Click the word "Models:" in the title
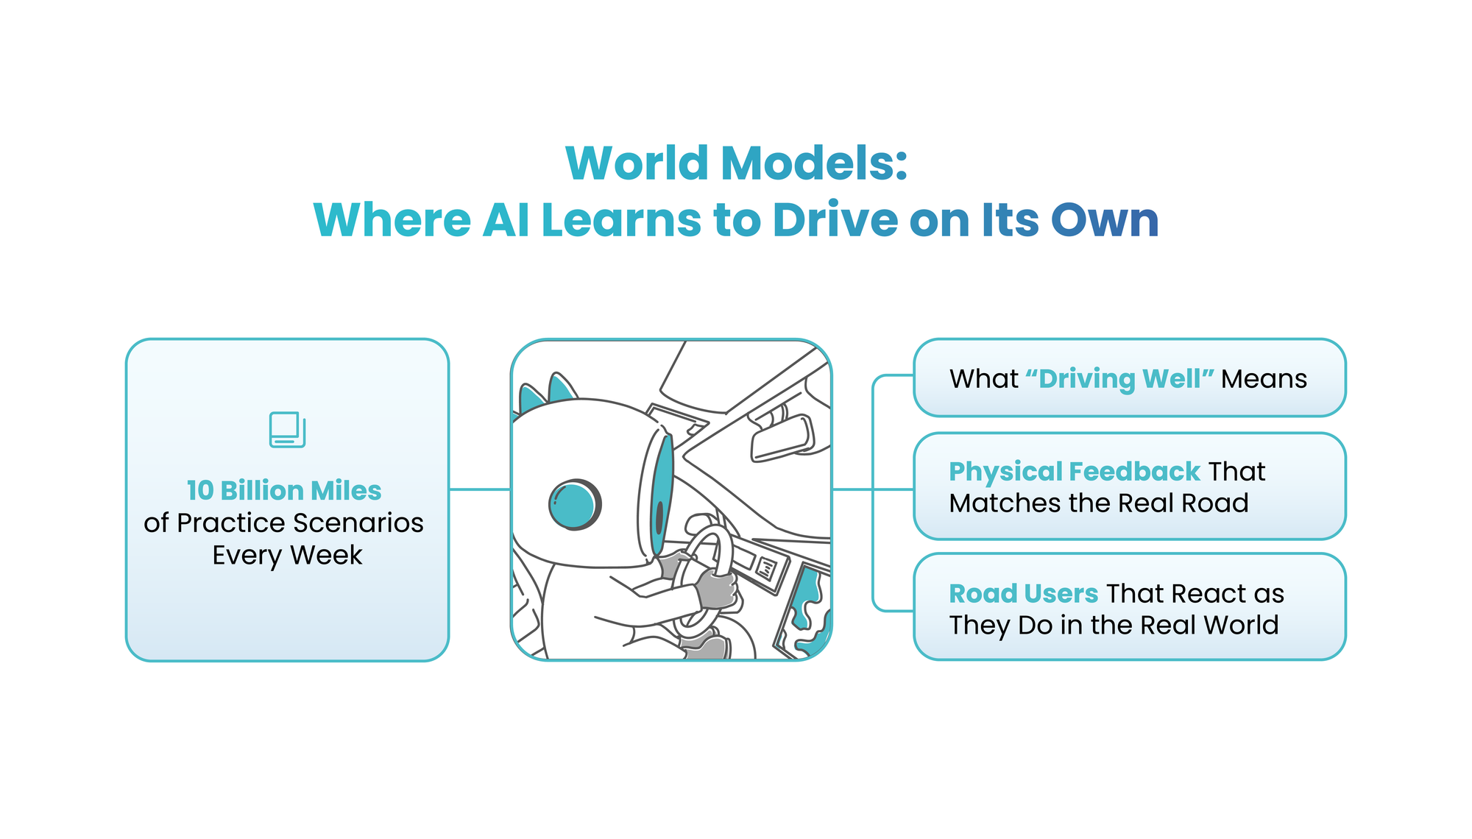coord(814,163)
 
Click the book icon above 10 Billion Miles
coord(287,430)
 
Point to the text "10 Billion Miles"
coord(284,490)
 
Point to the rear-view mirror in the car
coord(782,439)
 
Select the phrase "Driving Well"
coord(1119,379)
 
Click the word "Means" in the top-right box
coord(1264,379)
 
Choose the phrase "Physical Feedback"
coord(1075,471)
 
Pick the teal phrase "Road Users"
coord(1023,593)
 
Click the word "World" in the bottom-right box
coord(1241,626)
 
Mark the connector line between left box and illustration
coord(479,489)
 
